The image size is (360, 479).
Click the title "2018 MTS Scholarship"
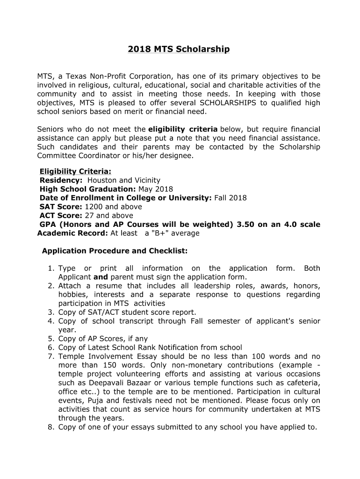(x=179, y=49)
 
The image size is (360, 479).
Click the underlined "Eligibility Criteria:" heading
(x=75, y=171)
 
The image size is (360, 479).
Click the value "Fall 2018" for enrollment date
(x=230, y=198)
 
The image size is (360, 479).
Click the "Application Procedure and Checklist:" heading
(x=115, y=251)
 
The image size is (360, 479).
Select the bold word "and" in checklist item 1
(x=101, y=277)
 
